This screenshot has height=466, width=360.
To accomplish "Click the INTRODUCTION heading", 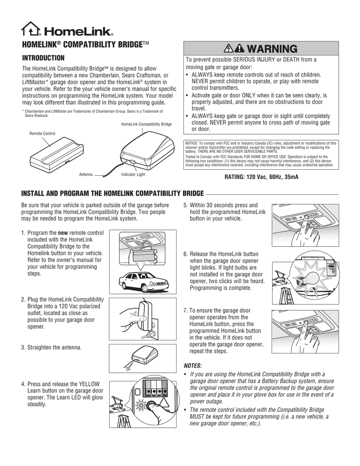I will pos(43,58).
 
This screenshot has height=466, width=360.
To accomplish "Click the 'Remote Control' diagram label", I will pos(42,134).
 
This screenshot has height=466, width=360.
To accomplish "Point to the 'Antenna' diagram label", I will pos(86,175).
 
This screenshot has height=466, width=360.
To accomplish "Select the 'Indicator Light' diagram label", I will pos(133,175).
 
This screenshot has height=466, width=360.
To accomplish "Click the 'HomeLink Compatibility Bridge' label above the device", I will pos(146,124).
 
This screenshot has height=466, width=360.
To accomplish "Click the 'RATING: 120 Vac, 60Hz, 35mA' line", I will pos(261,177).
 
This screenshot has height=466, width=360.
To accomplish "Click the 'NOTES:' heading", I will pos(192,365).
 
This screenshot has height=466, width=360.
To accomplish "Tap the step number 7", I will pos(185,310).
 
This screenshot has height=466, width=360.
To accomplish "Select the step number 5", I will pos(185,205).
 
